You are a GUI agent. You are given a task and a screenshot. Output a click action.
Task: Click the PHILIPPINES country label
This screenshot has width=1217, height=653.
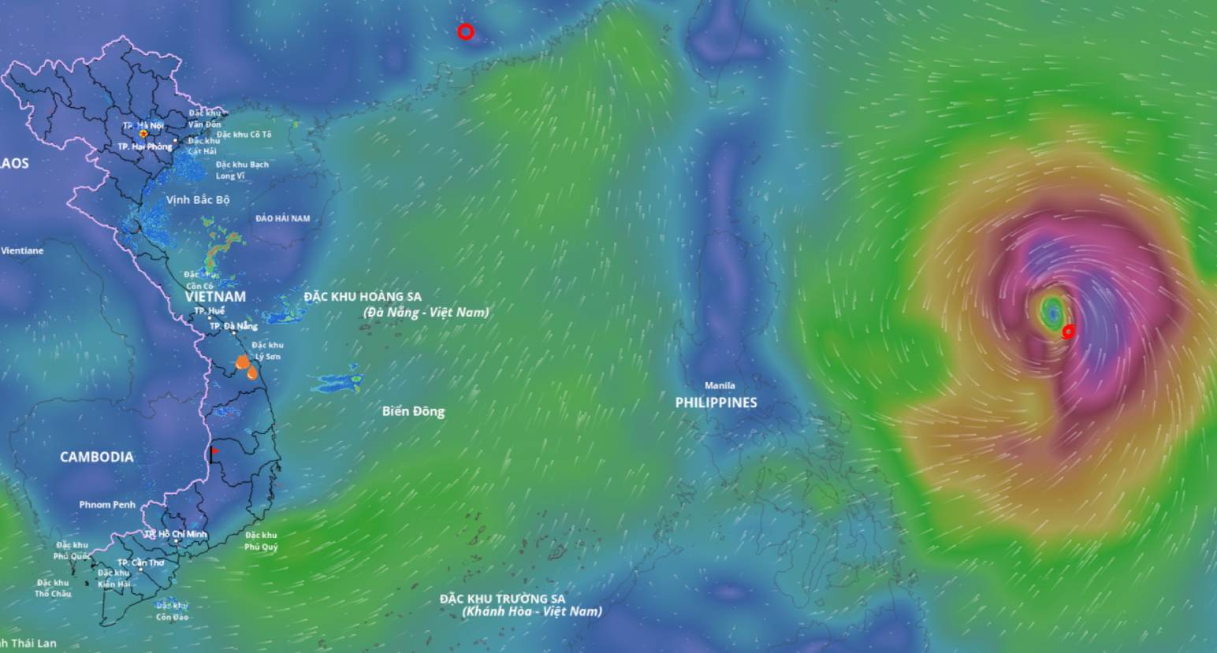(716, 403)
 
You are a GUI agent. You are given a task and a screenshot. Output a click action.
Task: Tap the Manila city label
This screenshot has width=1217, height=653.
(720, 386)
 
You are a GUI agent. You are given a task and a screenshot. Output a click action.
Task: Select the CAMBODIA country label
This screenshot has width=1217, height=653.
(96, 457)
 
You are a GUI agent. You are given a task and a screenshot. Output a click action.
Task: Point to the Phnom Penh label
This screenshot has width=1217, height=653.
(107, 505)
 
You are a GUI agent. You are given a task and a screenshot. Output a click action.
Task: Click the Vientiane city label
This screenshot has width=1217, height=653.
(22, 251)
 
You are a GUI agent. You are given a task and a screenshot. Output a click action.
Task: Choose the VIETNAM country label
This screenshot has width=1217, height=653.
(215, 297)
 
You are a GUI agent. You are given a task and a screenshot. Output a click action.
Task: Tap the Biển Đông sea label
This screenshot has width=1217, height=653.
(413, 411)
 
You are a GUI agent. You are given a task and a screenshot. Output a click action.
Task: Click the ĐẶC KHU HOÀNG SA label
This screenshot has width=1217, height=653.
(363, 297)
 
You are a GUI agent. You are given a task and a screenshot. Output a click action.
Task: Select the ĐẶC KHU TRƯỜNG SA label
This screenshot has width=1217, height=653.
(502, 599)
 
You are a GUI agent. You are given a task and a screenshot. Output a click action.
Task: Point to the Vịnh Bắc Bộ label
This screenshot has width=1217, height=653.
(198, 200)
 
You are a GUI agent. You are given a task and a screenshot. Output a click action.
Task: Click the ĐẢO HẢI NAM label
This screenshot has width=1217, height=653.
(283, 218)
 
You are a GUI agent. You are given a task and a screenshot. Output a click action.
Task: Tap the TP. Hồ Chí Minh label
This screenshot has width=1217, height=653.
(176, 534)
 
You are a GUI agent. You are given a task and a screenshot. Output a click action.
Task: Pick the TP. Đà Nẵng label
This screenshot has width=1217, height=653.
(233, 326)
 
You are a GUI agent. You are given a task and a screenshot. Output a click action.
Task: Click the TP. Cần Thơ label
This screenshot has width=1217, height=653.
(141, 563)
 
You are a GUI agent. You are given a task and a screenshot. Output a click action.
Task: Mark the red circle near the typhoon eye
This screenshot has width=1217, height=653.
(1068, 332)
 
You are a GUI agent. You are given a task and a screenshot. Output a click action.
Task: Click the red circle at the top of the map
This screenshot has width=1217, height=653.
(466, 32)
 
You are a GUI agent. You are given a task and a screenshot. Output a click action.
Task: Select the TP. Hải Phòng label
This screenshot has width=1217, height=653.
(144, 147)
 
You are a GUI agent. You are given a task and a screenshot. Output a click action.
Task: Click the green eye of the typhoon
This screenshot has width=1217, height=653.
(1051, 313)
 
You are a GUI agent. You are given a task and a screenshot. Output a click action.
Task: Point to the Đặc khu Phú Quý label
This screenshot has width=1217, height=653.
(261, 541)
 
